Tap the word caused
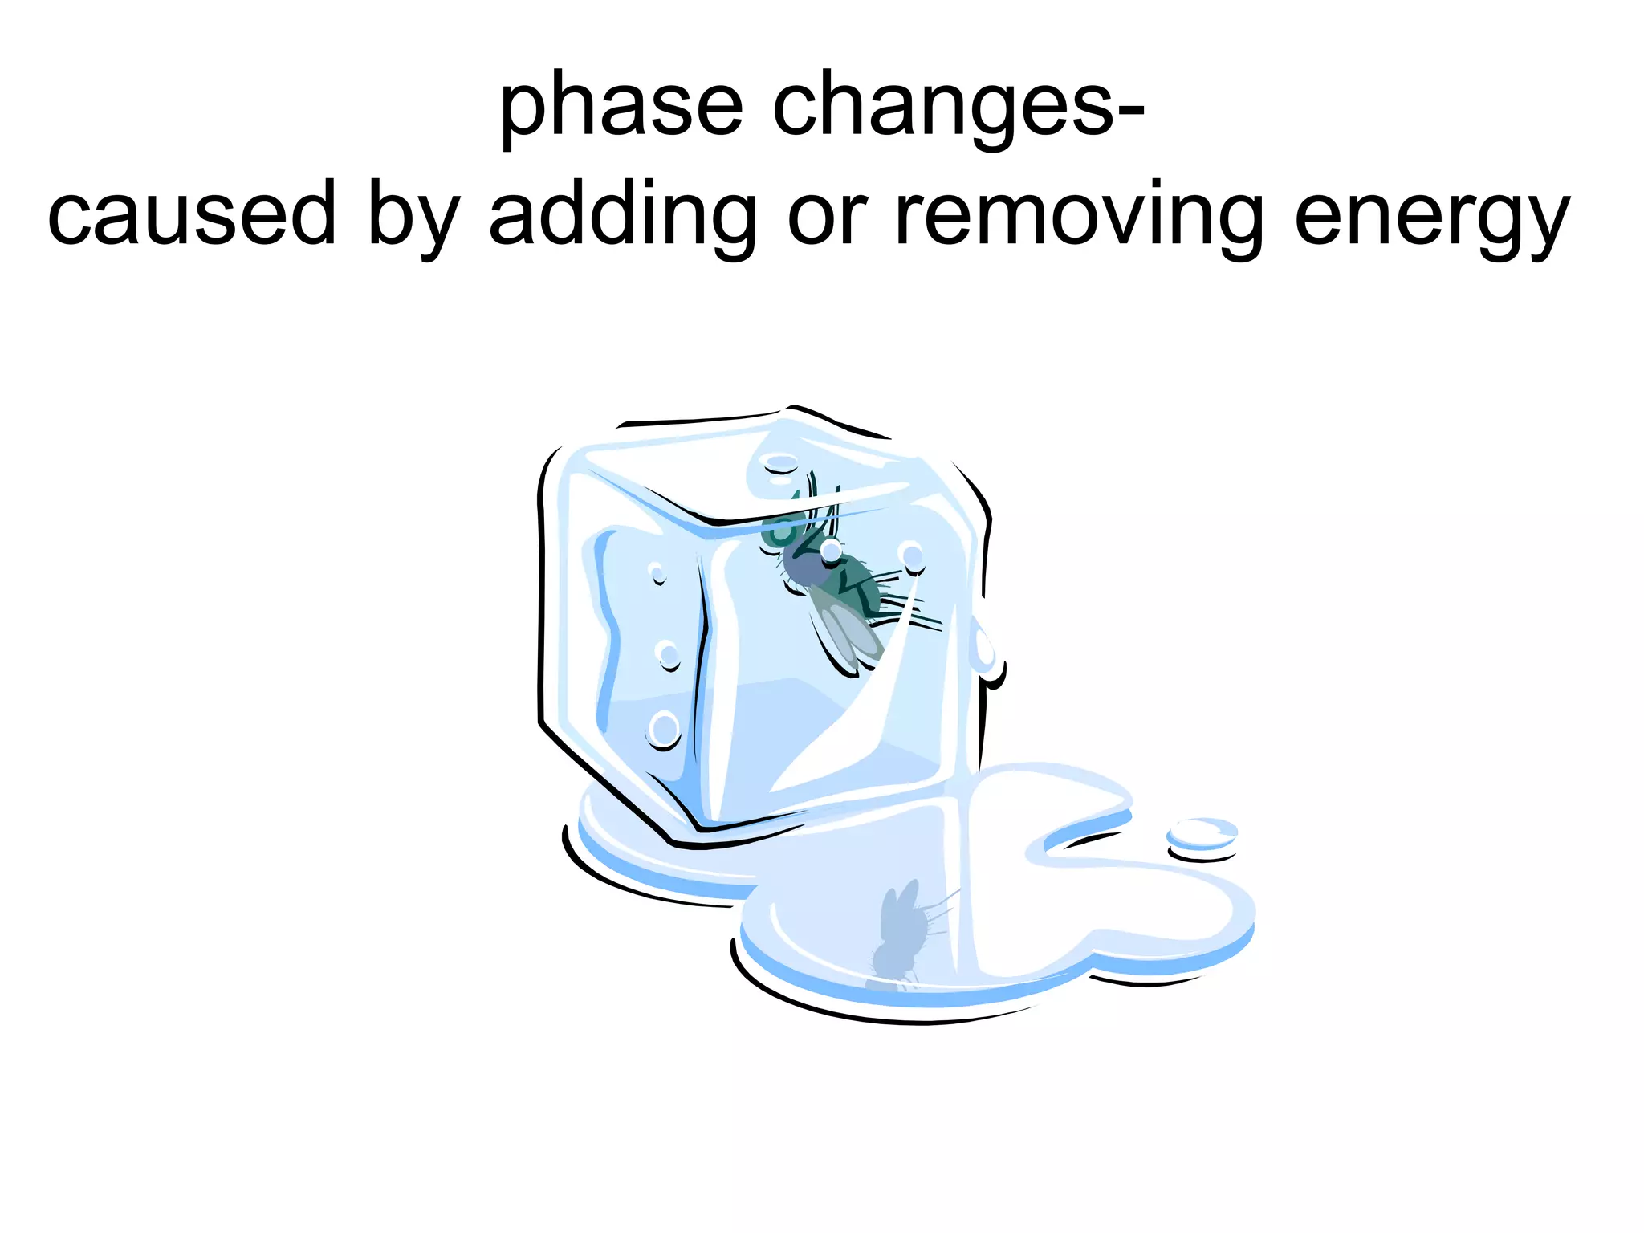[x=191, y=215]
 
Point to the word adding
[x=622, y=215]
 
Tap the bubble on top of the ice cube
[x=779, y=464]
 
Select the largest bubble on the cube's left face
[x=664, y=729]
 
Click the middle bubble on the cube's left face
[x=667, y=654]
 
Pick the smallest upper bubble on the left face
[x=657, y=572]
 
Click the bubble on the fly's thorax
[x=831, y=551]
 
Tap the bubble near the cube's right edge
[x=911, y=555]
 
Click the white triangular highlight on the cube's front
[x=851, y=722]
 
